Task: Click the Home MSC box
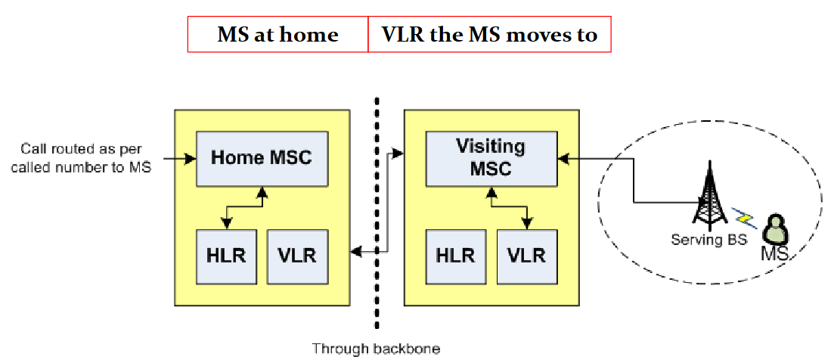[x=261, y=158]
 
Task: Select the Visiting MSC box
[x=490, y=158]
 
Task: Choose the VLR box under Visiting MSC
[x=526, y=255]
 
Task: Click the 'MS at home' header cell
[x=278, y=35]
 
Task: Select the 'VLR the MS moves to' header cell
[x=489, y=35]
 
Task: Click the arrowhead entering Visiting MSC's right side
[x=562, y=159]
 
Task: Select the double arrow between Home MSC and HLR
[x=243, y=206]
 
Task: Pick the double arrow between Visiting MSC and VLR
[x=508, y=206]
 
